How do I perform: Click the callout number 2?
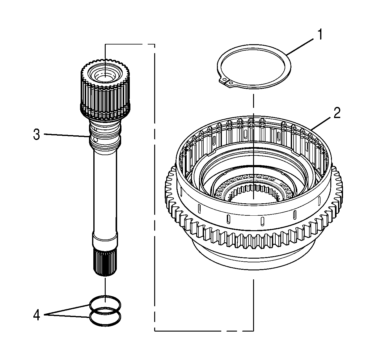click(x=337, y=113)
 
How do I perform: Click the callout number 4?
click(x=36, y=315)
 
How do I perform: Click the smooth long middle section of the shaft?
click(x=105, y=192)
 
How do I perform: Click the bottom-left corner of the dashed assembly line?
click(x=155, y=331)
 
